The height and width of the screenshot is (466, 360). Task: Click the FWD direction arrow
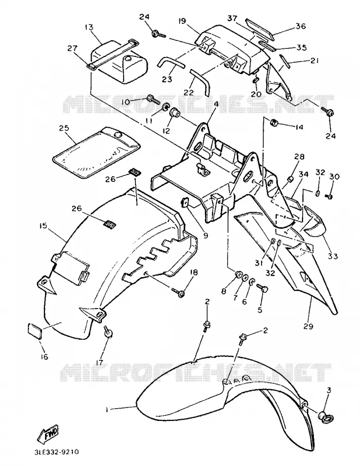[48, 433]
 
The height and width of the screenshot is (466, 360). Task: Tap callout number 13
[89, 27]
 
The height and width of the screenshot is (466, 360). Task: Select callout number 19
[182, 21]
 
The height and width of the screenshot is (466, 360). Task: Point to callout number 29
[308, 326]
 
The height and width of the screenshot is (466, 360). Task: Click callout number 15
[43, 226]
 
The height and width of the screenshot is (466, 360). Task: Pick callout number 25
[64, 128]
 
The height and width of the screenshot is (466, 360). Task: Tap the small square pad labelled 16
[35, 331]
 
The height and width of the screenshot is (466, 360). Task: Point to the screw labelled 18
[178, 292]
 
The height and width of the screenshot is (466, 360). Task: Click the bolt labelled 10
[154, 99]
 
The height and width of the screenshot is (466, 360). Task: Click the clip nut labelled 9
[187, 204]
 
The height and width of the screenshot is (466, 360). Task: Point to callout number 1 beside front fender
[107, 410]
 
